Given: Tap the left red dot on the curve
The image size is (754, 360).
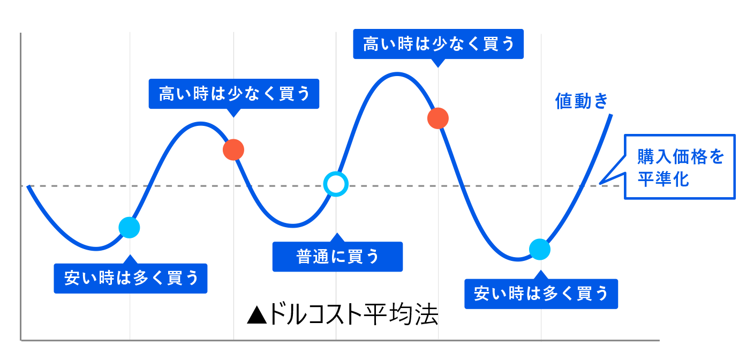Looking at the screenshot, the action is pos(233,149).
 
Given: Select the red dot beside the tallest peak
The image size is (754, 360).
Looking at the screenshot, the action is pos(438,118).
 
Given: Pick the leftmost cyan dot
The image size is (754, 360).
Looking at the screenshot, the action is pos(129,228).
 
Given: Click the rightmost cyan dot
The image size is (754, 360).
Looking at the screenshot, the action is pos(540,249).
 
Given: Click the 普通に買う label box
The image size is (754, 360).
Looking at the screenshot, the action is pos(337,257).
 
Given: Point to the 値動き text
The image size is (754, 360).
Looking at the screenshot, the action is pos(582,101).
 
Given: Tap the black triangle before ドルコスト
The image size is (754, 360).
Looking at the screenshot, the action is pos(257,315).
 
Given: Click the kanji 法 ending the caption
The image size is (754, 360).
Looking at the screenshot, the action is pos(426,314).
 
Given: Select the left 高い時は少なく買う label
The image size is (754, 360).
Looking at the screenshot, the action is pos(234,94).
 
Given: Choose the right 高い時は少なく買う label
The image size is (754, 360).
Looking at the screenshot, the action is pos(438,44).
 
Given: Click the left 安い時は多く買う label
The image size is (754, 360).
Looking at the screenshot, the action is pos(131,279).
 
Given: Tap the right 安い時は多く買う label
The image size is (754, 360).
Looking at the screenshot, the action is pos(541,294).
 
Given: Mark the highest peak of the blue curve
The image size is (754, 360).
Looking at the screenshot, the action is pos(397,74).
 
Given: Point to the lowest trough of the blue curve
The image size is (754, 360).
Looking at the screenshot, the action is pos(517,259).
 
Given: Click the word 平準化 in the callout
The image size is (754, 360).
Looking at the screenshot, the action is pos(663,179).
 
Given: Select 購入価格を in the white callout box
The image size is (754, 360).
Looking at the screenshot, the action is pos(680,156).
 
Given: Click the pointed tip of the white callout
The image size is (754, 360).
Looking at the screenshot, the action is pos(600,184).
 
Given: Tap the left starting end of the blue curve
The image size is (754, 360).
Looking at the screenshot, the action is pos(28,186).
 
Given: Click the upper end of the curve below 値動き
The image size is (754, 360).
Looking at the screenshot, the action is pos(611,115).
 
